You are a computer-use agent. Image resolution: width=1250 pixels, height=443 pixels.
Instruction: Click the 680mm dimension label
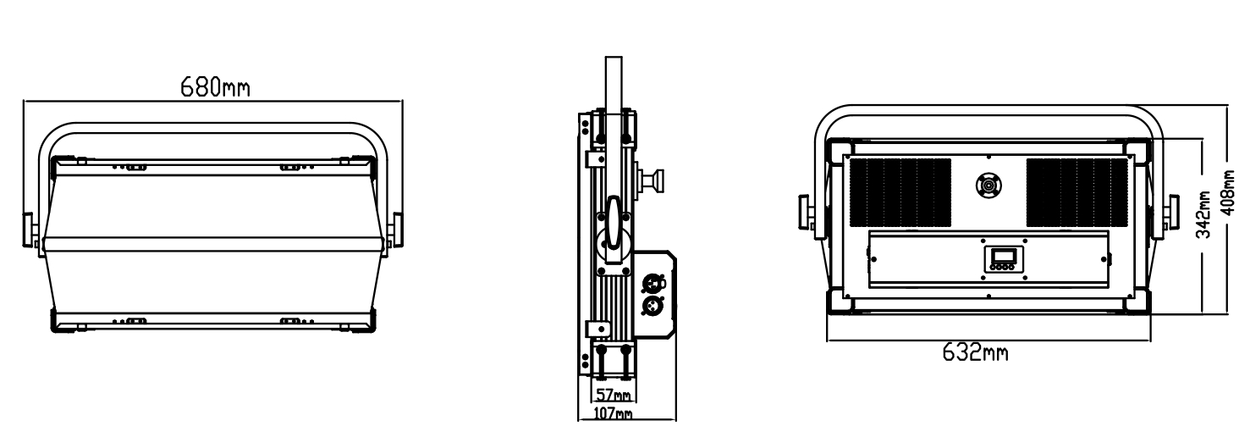[x=215, y=87]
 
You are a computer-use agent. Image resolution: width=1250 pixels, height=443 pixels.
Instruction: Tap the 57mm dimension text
[x=614, y=395]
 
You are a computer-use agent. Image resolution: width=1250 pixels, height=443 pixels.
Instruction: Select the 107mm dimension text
[x=613, y=413]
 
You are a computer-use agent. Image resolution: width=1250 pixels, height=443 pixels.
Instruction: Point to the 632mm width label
[x=975, y=352]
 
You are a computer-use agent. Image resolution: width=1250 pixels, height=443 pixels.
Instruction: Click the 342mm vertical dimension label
[x=1204, y=214]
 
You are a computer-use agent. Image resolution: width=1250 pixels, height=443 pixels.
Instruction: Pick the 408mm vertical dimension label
[x=1228, y=193]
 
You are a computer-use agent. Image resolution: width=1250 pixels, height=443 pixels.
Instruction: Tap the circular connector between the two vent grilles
[x=988, y=185]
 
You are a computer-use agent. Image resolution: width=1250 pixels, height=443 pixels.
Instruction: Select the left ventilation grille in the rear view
[x=900, y=192]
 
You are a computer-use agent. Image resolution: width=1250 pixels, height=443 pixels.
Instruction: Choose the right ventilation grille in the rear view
[x=1077, y=192]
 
